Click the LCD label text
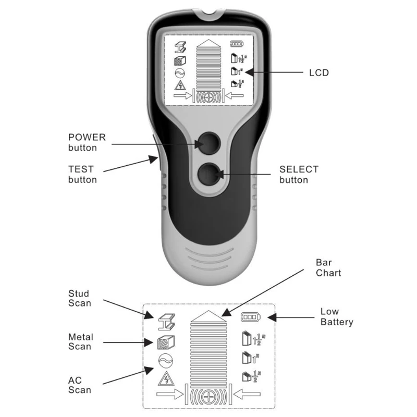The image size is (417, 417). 319,72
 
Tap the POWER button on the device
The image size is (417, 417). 210,143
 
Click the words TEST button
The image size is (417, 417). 82,174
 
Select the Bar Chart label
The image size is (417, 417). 328,267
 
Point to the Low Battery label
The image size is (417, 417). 337,316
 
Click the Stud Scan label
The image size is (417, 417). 80,298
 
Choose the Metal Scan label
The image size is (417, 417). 81,342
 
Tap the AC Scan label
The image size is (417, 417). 80,385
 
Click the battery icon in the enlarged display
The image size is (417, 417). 251,317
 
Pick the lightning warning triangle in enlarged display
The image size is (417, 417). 166,378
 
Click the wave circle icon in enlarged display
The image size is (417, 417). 165,361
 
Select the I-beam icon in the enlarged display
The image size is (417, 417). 166,322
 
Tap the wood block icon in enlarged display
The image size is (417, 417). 166,342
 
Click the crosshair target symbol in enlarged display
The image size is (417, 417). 209,397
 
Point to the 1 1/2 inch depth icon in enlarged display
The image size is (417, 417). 254,338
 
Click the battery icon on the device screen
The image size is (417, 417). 237,44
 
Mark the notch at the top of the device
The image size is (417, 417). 209,14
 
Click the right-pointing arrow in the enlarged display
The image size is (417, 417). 170,394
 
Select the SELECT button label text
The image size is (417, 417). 299,175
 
